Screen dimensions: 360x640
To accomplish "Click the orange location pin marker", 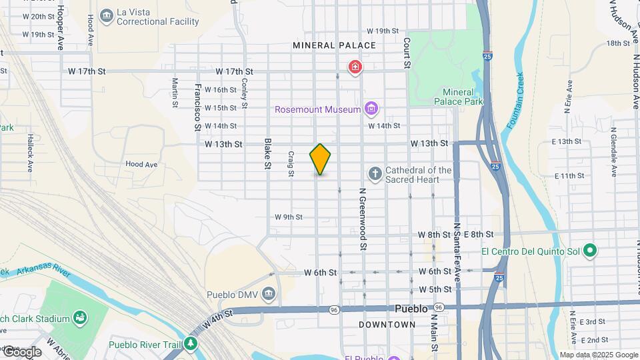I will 320,159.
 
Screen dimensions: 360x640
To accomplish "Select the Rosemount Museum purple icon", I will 371,109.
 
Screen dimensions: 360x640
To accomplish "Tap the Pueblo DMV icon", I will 268,294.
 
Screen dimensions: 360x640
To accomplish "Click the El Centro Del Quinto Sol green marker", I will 589,251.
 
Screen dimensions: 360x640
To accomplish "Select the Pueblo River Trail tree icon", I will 192,344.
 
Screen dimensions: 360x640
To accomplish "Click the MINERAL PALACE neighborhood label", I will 334,45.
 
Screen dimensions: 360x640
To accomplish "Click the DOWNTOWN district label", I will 387,325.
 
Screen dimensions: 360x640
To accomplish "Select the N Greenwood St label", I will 363,218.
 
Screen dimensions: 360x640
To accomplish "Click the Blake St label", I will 267,153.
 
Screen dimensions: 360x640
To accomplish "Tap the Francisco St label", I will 198,106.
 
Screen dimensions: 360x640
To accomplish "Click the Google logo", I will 22,351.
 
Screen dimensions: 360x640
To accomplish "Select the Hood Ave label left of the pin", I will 141,164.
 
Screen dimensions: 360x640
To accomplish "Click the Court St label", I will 405,52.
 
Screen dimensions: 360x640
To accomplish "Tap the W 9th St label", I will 289,217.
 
